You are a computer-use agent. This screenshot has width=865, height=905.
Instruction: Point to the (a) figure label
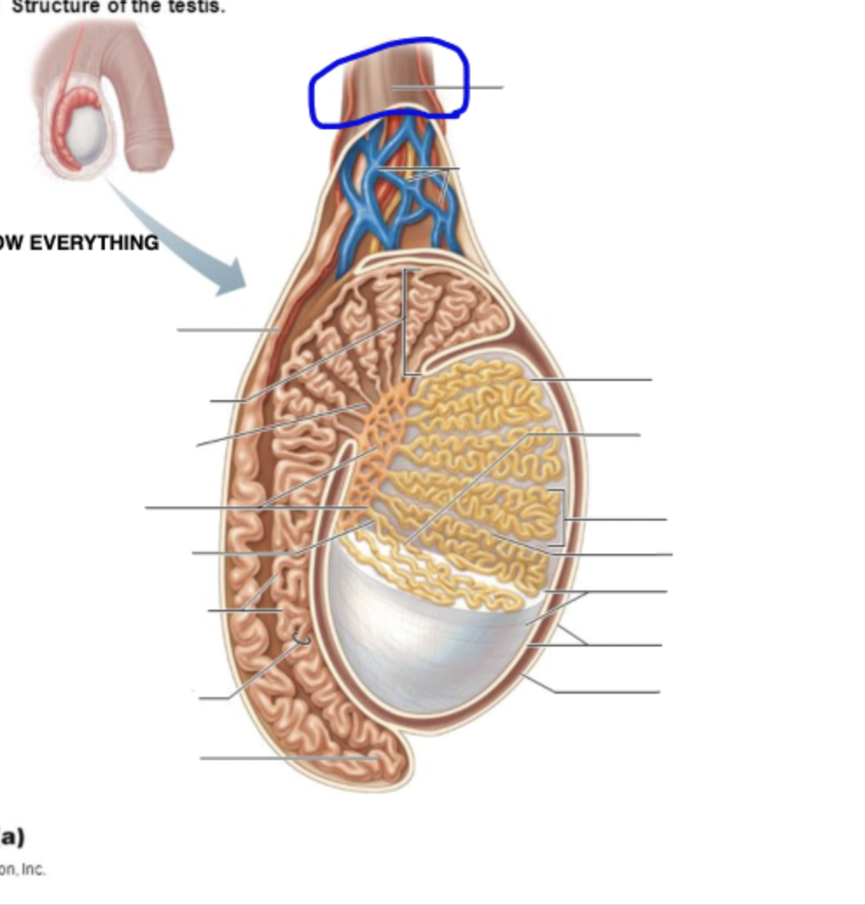pos(12,837)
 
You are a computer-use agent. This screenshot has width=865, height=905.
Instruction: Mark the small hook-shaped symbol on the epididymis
pos(301,640)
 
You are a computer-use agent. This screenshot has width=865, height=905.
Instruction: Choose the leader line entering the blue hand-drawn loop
pos(446,87)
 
